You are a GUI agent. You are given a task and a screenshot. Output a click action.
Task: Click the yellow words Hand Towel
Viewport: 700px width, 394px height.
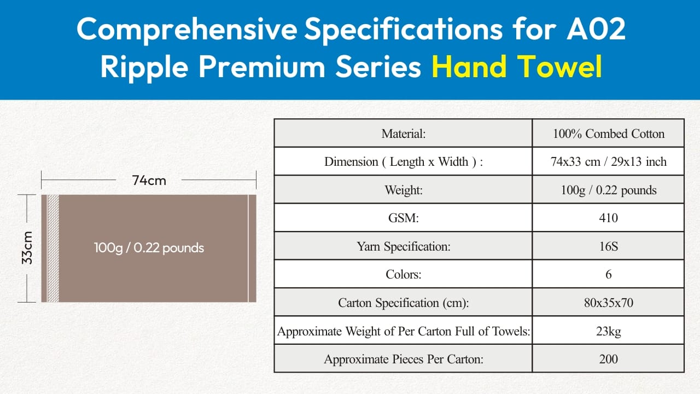[x=517, y=67]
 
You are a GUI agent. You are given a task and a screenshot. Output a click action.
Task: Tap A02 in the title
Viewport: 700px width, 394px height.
[x=596, y=29]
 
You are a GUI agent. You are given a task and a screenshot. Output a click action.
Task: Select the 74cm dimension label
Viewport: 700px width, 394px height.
[x=149, y=181]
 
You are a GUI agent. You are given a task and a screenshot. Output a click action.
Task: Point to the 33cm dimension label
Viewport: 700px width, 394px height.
[x=27, y=248]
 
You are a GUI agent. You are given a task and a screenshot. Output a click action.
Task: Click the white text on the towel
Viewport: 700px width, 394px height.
[x=149, y=248]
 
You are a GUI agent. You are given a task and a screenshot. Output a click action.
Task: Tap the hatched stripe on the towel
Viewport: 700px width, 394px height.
[x=53, y=248]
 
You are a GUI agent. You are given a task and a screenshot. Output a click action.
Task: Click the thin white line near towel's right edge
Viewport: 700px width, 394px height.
[x=248, y=248]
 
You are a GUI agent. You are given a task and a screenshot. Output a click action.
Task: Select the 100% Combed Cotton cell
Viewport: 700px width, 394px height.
[x=609, y=134]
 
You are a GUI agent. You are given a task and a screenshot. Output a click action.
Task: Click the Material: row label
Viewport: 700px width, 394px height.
[x=404, y=134]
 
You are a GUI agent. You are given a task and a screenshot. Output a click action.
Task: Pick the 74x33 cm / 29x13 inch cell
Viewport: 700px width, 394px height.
[x=609, y=161]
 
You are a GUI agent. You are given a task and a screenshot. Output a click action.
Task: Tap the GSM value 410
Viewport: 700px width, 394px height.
[x=609, y=218]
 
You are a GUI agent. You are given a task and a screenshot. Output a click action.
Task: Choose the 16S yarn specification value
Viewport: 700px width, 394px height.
[x=609, y=246]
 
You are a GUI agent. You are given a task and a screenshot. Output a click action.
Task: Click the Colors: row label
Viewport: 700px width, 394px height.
[x=404, y=274]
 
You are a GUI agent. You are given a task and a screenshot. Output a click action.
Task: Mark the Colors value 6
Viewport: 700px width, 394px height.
[x=609, y=274]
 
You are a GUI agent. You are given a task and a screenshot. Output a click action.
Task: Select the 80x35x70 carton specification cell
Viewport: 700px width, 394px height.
[x=609, y=303]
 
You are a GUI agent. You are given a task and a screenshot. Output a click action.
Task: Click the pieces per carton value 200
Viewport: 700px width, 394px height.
[x=609, y=358]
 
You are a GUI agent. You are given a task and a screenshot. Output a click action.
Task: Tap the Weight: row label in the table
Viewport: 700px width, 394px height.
[x=404, y=190]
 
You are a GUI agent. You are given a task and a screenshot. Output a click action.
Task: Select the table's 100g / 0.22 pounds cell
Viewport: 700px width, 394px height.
[x=609, y=190]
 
